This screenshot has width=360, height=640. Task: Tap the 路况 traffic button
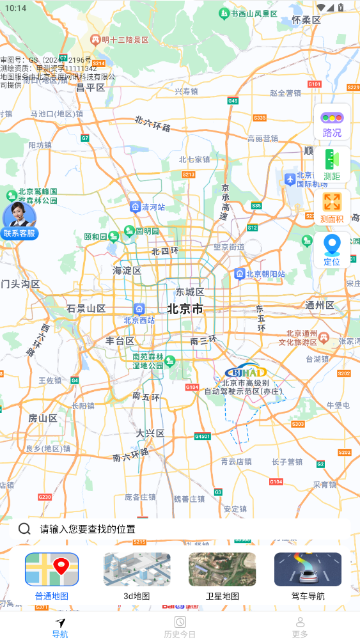332,123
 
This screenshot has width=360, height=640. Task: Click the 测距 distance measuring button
332,166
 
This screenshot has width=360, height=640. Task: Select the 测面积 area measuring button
332,208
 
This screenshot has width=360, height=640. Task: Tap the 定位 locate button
332,250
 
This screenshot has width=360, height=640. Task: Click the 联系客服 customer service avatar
20,221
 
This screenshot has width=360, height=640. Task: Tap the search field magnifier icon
24,529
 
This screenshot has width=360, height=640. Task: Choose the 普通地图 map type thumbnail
52,570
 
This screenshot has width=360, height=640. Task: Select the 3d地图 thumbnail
137,570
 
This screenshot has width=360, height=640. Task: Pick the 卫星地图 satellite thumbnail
222,570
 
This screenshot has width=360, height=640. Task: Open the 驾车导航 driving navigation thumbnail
308,570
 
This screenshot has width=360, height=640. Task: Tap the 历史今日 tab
180,627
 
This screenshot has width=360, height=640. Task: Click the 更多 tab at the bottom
300,627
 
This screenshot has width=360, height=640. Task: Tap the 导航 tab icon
60,623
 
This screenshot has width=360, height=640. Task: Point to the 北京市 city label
185,309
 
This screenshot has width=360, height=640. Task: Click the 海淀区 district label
127,271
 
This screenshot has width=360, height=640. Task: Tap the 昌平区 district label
90,88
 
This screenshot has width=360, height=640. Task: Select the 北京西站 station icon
139,309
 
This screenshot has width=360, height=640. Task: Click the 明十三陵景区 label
120,40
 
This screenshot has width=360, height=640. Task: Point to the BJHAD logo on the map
246,371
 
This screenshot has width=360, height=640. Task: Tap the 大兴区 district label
150,433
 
